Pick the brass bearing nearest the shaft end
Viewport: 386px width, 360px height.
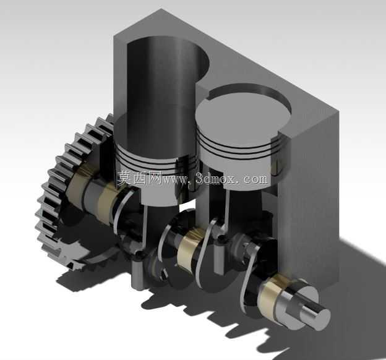pyautogui.click(x=271, y=298)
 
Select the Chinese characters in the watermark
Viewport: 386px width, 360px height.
pyautogui.click(x=139, y=178)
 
